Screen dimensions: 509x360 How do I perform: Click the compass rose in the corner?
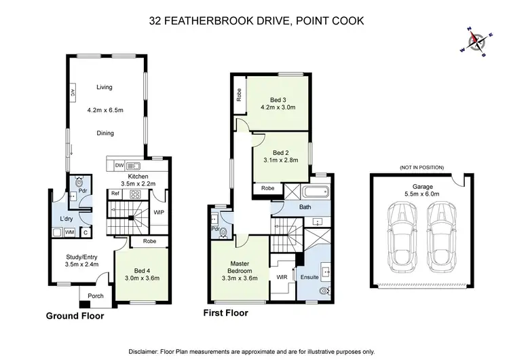476,42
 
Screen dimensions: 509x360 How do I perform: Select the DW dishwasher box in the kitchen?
119,165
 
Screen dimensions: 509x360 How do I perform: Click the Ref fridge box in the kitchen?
115,194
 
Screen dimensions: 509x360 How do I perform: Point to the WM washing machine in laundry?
69,232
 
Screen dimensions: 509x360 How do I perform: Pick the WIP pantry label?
159,213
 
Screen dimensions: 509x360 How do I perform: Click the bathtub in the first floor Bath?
315,192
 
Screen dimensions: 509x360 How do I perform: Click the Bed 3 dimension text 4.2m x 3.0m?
278,107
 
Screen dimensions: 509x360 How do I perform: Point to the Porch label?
96,296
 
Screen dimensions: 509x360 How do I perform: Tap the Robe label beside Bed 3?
240,95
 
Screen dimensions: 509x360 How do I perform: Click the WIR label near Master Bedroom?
282,277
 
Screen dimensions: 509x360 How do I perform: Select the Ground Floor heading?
75,316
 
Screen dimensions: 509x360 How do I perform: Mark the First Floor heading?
225,313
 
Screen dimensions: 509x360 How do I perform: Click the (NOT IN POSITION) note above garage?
421,168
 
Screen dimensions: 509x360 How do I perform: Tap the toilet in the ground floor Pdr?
79,181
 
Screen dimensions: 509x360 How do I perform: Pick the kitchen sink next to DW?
133,166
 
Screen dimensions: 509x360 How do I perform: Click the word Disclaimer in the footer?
143,352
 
